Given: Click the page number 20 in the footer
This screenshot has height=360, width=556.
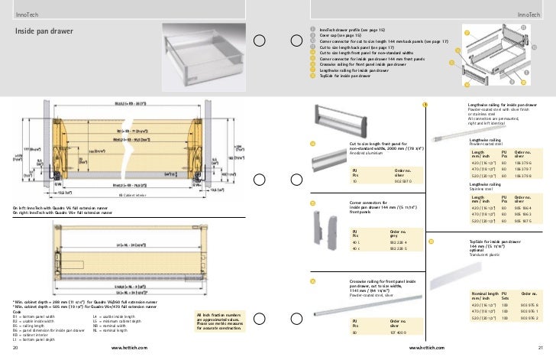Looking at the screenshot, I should tap(15, 349).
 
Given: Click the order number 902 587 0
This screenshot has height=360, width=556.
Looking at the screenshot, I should tap(402, 180).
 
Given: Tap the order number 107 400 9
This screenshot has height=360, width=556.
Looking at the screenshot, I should tap(401, 333).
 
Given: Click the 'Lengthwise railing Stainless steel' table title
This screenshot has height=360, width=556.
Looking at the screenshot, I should tap(489, 186).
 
